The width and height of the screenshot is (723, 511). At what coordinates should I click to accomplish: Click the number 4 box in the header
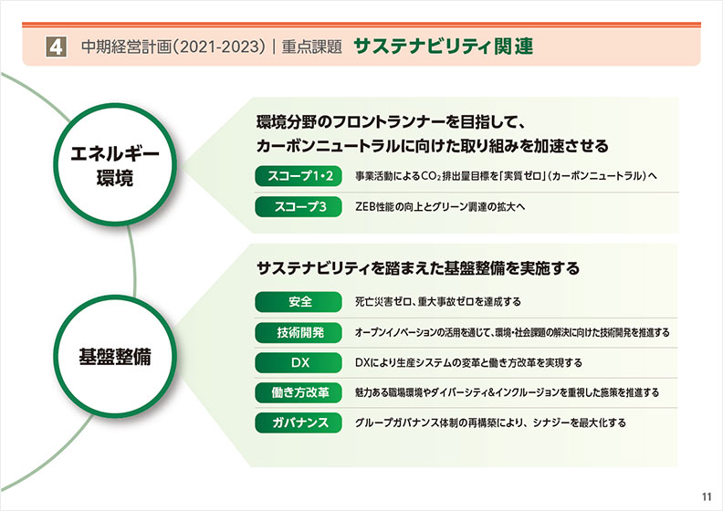coord(56,47)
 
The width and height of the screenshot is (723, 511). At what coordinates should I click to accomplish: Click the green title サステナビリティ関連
coord(443,46)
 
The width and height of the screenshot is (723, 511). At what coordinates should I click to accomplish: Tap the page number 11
coord(707,496)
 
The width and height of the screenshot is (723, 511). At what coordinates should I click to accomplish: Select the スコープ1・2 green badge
coord(299,176)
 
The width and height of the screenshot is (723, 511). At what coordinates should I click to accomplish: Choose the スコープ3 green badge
coord(299,206)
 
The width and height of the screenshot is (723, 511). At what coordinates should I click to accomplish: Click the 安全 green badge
coord(299,302)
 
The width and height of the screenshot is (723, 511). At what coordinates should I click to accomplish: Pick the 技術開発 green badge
coord(299,332)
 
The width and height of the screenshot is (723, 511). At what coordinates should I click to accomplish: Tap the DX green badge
coord(299,362)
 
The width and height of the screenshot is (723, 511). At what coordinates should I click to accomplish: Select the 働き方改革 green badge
coord(299,392)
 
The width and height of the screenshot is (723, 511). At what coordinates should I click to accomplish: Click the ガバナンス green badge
coord(299,422)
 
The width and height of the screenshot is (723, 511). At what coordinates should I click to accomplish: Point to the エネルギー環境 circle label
coord(115,165)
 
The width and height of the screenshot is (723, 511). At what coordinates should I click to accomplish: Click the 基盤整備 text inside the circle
coord(115,357)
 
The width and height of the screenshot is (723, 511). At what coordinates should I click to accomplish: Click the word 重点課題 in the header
coord(311,47)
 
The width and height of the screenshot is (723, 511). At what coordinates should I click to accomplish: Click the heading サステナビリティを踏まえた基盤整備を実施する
coord(418,268)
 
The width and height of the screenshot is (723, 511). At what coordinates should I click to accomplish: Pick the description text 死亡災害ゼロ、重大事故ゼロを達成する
coord(437,302)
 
